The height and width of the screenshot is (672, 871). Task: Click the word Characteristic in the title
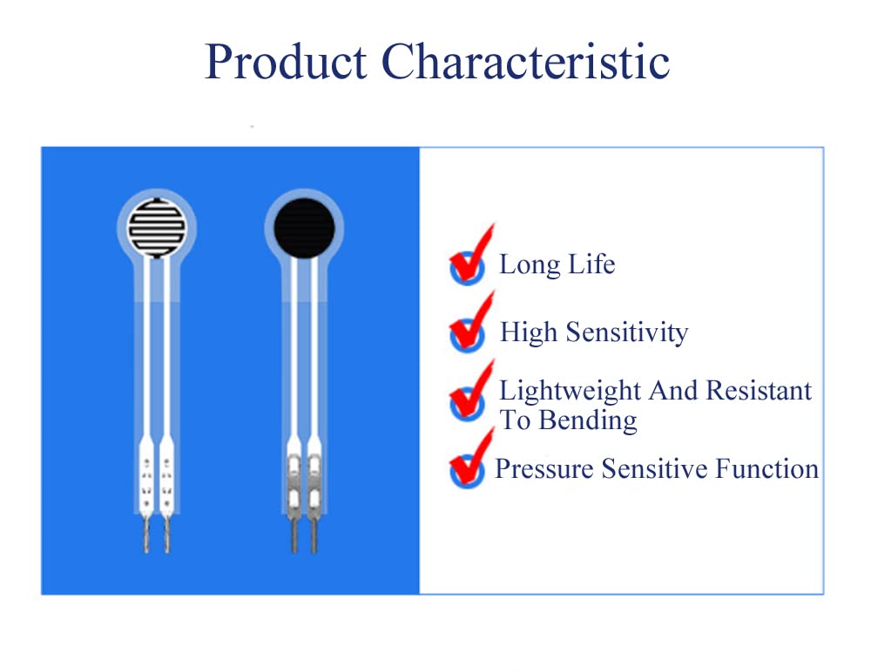526,63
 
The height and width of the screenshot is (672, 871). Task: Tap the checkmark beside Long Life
469,259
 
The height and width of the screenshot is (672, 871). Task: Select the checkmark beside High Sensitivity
469,326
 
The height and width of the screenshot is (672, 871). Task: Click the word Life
592,265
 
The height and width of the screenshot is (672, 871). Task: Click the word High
529,333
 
